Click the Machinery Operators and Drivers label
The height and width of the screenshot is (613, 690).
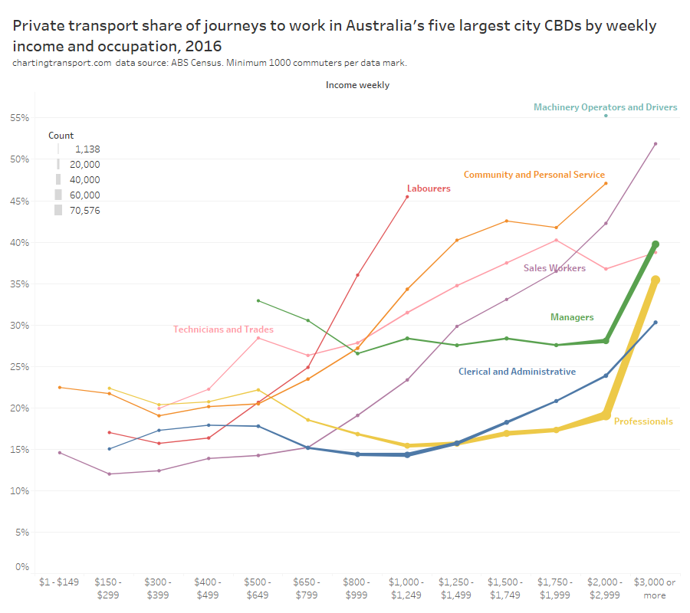(x=605, y=107)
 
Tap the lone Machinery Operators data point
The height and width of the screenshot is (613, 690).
(x=606, y=116)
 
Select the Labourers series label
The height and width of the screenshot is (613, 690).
(x=429, y=188)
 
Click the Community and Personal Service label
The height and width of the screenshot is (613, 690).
(x=534, y=175)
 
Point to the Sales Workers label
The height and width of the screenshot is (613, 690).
(x=554, y=268)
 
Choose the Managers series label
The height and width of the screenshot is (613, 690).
(x=572, y=317)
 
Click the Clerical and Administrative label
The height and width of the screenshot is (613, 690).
(x=517, y=372)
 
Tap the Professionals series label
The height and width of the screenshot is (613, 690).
(x=643, y=421)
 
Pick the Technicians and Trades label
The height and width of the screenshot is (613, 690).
(x=223, y=329)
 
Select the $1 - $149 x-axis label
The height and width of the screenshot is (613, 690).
(x=60, y=582)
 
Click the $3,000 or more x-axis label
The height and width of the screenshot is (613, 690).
(x=655, y=588)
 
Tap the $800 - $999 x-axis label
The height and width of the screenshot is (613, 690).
(x=357, y=588)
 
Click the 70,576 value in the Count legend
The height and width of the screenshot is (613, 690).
(x=84, y=211)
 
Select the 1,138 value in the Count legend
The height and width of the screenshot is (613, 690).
(x=87, y=149)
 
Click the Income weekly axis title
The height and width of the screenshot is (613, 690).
(x=357, y=85)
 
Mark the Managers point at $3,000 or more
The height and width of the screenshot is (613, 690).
(x=655, y=244)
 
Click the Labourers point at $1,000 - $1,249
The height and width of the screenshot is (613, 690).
(x=407, y=197)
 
